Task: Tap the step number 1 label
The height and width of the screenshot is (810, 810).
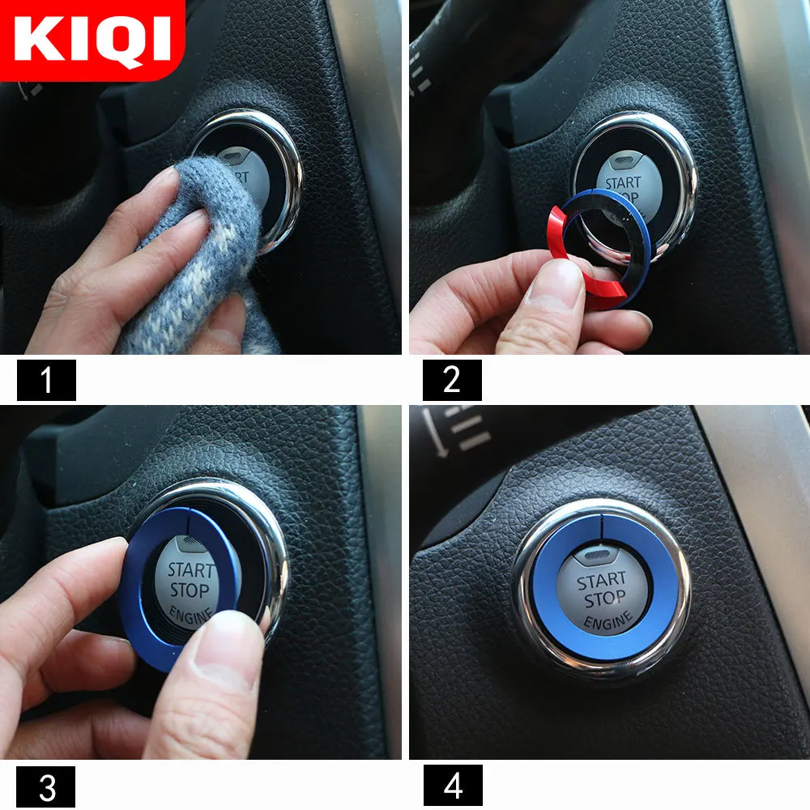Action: [x=46, y=380]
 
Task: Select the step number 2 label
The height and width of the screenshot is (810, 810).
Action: [x=451, y=380]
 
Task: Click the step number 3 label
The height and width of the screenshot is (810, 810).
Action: [x=46, y=785]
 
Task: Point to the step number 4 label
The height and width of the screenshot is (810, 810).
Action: [x=451, y=785]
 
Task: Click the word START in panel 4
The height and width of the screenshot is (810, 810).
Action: [x=601, y=581]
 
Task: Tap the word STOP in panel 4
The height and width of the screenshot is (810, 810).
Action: [x=604, y=600]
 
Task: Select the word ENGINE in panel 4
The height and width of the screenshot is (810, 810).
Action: [x=607, y=622]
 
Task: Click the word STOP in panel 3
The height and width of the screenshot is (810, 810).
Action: [x=190, y=590]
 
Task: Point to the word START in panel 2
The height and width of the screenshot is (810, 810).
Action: [x=622, y=183]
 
